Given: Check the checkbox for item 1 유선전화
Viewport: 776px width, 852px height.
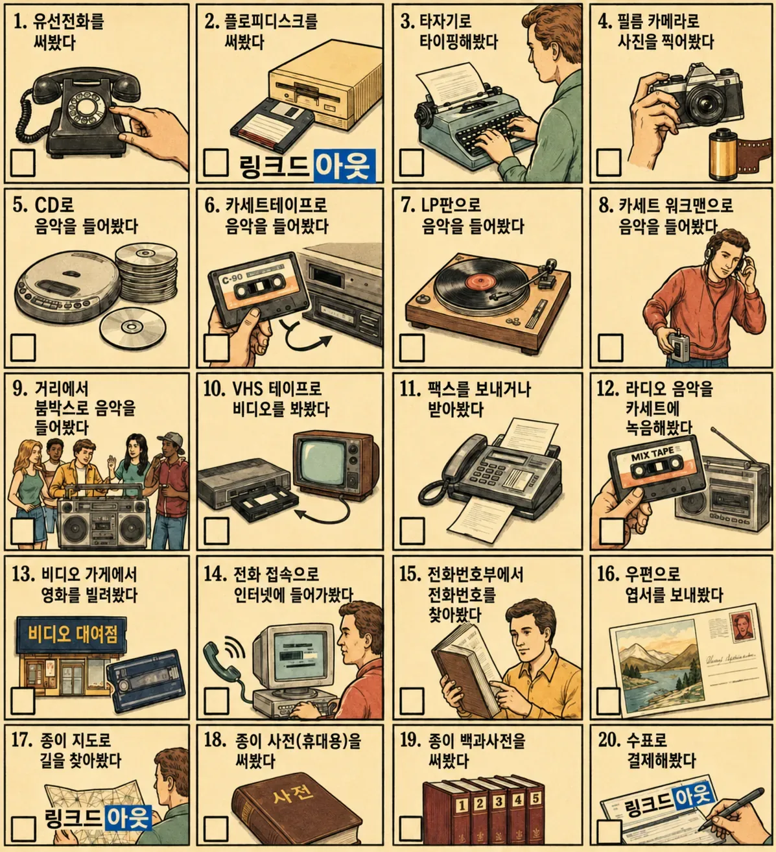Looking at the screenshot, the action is click(x=23, y=162).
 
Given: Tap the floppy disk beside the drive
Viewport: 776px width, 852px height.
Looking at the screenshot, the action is click(x=272, y=123).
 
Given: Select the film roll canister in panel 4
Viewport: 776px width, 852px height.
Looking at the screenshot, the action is click(x=723, y=154).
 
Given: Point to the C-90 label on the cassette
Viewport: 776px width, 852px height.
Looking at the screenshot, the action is click(x=232, y=278).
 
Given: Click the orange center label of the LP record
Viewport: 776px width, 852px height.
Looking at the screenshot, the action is click(x=478, y=281).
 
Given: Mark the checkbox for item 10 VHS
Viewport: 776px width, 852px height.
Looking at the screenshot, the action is click(x=217, y=531).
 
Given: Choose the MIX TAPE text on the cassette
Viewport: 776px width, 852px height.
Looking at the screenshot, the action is click(x=652, y=454).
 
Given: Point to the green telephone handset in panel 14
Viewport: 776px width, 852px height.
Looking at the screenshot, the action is click(x=221, y=664).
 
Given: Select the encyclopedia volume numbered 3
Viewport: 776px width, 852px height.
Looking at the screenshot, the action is click(x=499, y=814).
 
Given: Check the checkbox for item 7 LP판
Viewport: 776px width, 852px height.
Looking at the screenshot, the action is click(x=412, y=348).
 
